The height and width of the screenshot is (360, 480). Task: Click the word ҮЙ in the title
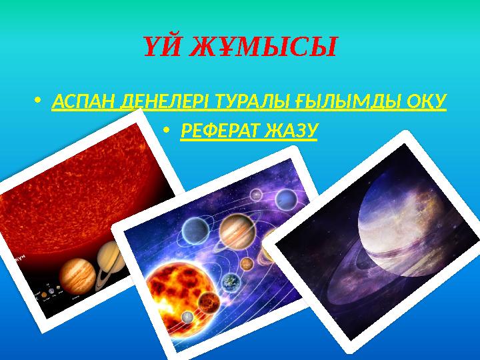160,47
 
